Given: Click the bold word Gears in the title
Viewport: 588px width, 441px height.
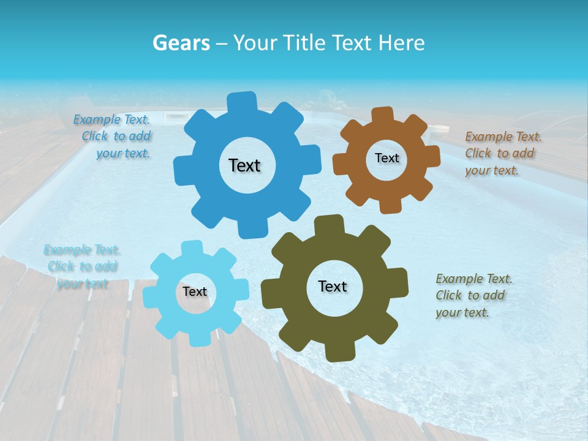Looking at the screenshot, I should tap(180, 43).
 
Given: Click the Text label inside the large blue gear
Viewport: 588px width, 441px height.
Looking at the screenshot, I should tap(244, 165).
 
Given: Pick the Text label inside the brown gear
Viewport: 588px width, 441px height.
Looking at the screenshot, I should tap(386, 158).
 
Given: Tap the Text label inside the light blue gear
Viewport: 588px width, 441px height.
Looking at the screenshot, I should tap(195, 292).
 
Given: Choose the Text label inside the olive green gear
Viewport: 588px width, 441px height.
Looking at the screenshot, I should tap(333, 286).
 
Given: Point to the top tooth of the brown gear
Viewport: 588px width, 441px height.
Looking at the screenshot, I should tap(382, 115).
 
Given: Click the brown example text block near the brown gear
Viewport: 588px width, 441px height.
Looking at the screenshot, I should tap(503, 153).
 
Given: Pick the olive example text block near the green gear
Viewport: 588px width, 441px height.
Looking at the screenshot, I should tap(473, 295).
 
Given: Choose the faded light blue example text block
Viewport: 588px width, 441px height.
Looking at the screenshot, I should tap(82, 266).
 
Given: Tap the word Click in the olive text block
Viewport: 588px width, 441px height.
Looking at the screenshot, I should tap(448, 295).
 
